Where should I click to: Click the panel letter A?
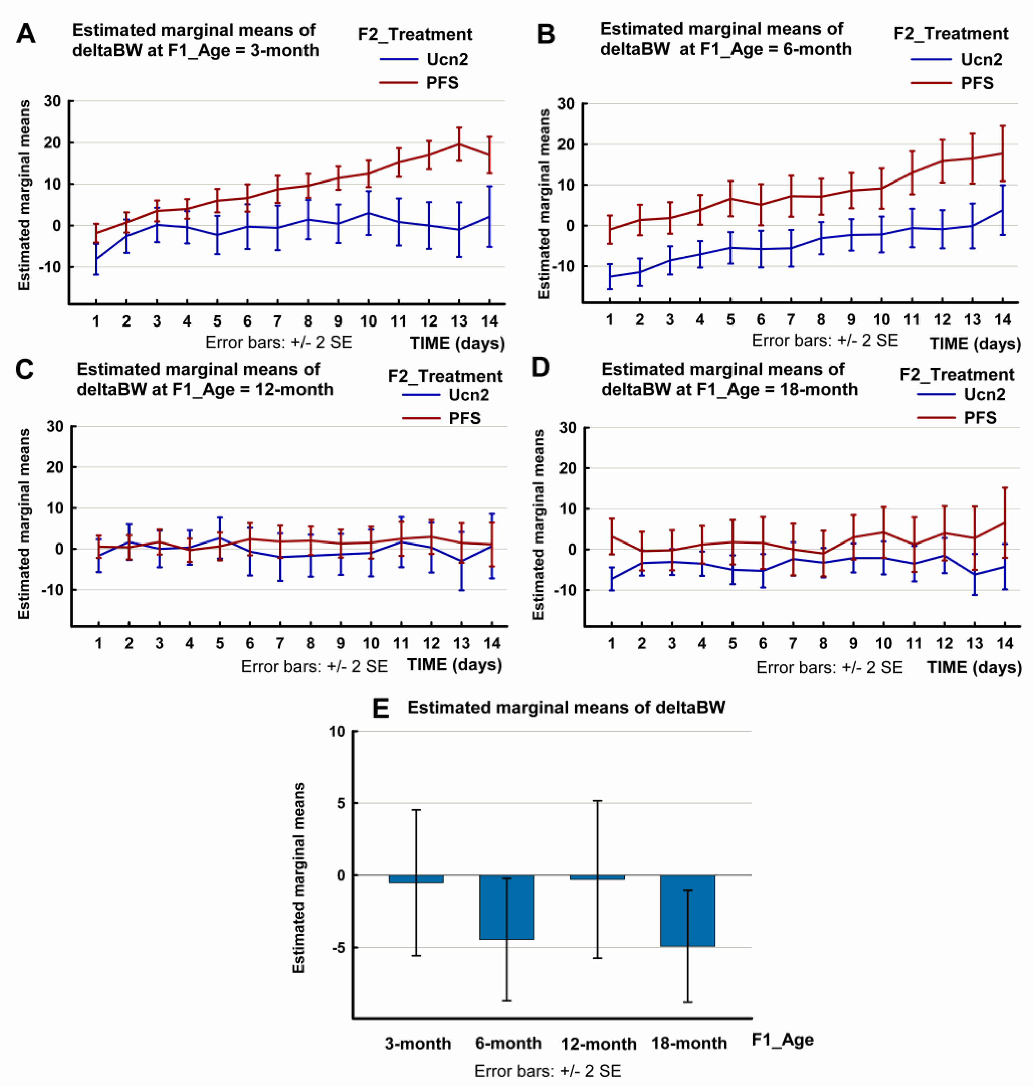(x=26, y=34)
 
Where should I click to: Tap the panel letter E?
(x=381, y=708)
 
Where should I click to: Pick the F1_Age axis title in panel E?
(x=782, y=1040)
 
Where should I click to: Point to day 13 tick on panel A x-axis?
(x=459, y=321)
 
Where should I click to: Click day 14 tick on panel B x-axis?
(x=1002, y=320)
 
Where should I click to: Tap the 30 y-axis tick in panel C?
(x=55, y=426)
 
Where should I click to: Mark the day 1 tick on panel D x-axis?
(x=611, y=644)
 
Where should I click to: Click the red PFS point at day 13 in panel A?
(x=459, y=144)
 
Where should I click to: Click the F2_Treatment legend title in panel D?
(x=957, y=374)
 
